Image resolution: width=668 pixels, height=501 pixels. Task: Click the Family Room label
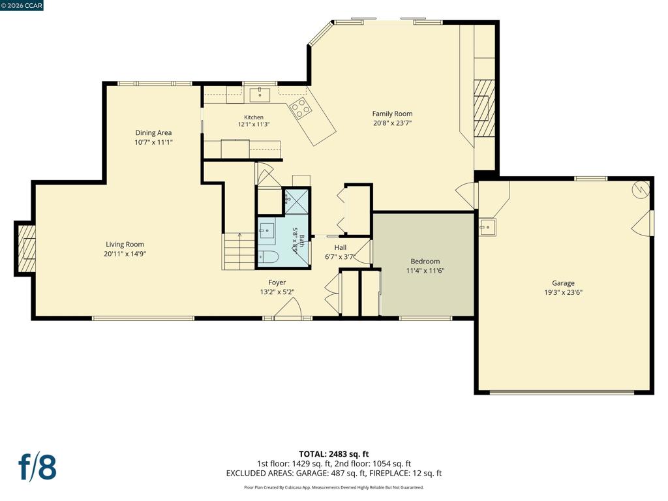pos(392,114)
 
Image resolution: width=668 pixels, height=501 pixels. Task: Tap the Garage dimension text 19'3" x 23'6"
pos(563,292)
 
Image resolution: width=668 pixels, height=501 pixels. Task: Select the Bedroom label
pos(425,261)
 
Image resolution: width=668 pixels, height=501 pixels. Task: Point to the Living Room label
pos(125,244)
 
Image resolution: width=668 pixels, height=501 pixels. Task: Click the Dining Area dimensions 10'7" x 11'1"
pos(153,142)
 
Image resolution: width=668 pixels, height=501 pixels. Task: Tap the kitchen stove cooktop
pos(300,108)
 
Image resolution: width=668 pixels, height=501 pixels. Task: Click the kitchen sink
pos(260,95)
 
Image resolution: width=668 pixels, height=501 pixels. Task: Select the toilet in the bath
pos(268,256)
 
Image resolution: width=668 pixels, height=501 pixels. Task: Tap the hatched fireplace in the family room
pos(485,108)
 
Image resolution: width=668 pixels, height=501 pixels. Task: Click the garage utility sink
pos(487,227)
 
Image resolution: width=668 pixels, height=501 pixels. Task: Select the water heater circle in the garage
pos(641,190)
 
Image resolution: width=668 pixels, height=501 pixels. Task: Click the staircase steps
pos(239,251)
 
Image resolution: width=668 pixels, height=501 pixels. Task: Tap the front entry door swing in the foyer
pos(288,308)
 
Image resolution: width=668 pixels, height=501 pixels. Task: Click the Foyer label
pos(277,282)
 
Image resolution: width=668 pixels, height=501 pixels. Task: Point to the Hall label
pos(341,247)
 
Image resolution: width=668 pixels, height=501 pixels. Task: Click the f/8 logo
pos(37,467)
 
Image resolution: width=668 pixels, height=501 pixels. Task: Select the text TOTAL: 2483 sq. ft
pos(334,454)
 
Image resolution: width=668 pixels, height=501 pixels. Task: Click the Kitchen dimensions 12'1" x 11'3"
pos(254,125)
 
